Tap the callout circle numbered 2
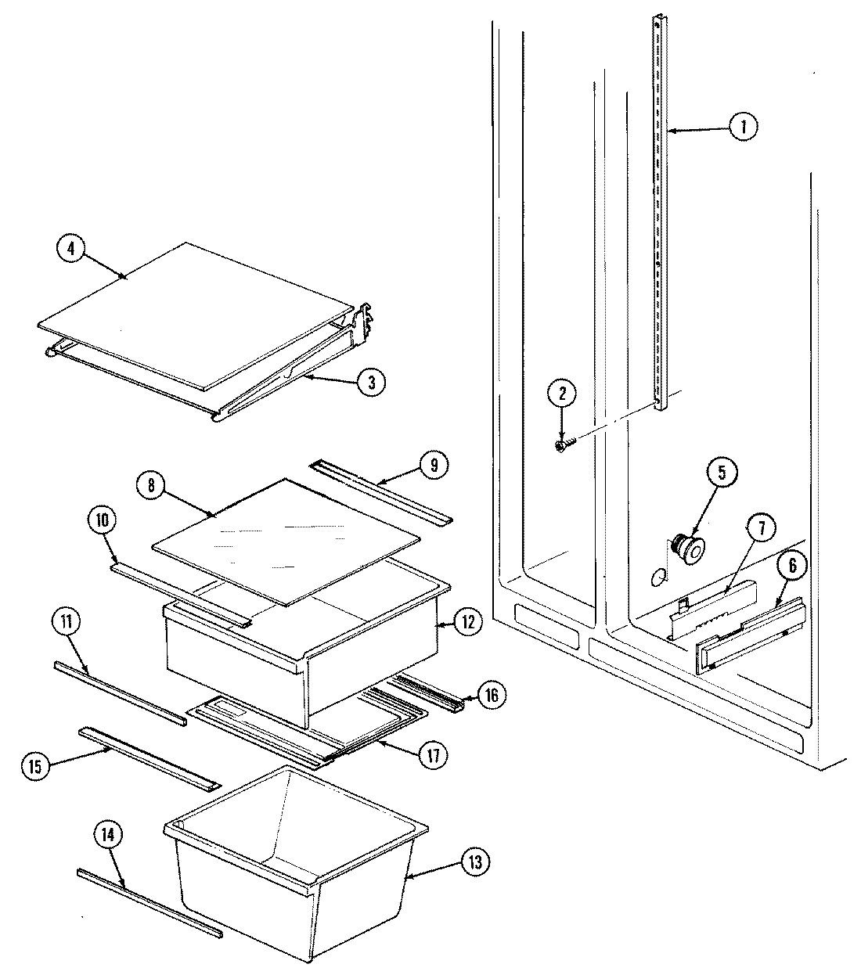pyautogui.click(x=561, y=394)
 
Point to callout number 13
pyautogui.click(x=475, y=862)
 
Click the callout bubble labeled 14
pyautogui.click(x=109, y=836)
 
